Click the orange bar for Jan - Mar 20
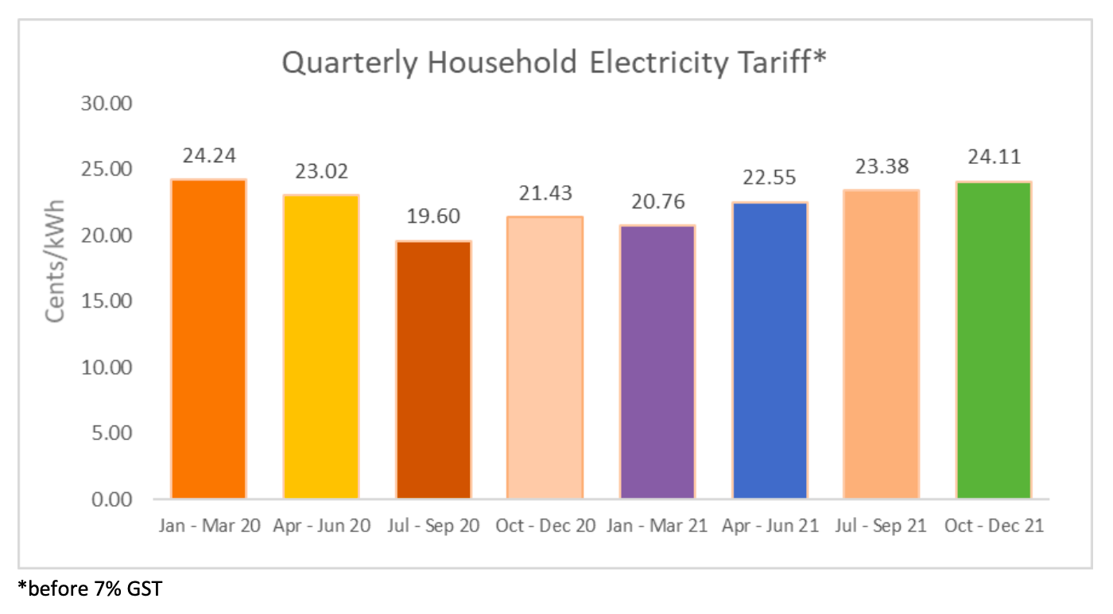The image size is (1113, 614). point(209,340)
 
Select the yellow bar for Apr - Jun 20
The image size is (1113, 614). point(320,347)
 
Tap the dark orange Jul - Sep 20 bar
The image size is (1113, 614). point(433,370)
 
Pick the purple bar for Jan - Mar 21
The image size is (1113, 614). point(657,362)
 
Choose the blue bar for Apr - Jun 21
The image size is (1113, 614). point(770,351)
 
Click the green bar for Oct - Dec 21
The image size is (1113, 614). point(994,340)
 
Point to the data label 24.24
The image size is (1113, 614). point(209,155)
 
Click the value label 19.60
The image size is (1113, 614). point(433,216)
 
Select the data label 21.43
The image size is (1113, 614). point(545,193)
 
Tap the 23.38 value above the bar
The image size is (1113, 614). point(882,166)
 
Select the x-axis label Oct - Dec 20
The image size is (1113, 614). point(545,527)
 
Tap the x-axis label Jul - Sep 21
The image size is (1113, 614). point(882,527)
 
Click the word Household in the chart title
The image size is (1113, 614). point(498,63)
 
